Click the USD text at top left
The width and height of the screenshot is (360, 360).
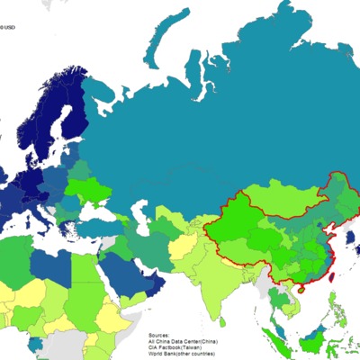7,27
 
